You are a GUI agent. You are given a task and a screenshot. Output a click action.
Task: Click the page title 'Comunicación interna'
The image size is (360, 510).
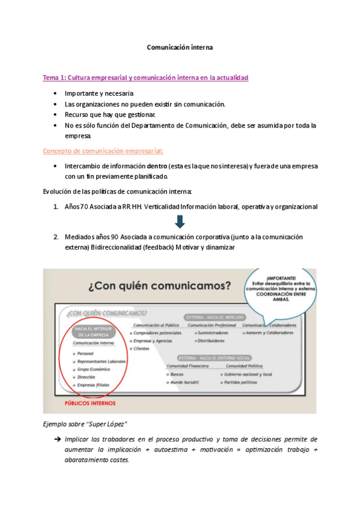180,46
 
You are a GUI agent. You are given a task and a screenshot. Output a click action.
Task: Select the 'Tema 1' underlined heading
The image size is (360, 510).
145,78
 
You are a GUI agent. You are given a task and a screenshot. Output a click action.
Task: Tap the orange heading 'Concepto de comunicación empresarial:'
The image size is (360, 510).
103,150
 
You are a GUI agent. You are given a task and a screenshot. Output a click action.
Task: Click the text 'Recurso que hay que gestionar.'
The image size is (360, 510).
110,114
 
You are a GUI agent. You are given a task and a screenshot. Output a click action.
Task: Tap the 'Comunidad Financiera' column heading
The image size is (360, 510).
188,365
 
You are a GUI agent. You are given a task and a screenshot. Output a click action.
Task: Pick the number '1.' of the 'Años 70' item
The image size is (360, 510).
56,206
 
